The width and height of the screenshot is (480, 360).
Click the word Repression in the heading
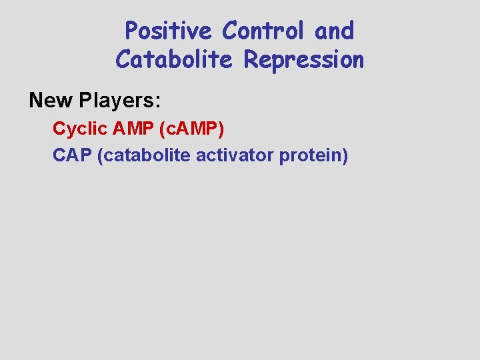point(304,60)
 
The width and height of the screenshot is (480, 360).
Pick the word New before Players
point(51,100)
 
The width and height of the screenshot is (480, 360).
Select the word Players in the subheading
point(119,100)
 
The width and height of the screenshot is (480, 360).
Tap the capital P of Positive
point(131,31)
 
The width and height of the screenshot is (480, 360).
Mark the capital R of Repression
point(251,60)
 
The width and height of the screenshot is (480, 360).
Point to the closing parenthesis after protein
point(345,155)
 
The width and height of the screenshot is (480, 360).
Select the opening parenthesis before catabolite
point(100,155)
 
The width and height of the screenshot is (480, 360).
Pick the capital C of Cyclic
point(58,128)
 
